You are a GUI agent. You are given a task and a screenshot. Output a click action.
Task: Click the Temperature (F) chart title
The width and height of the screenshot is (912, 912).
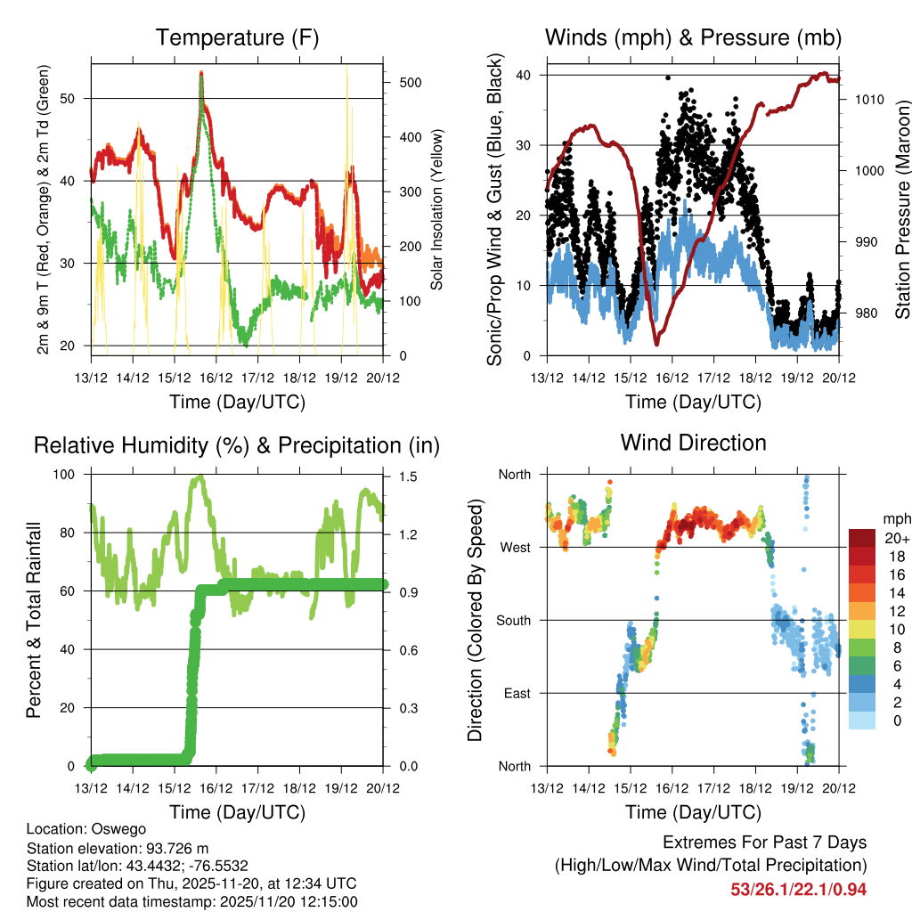pos(236,37)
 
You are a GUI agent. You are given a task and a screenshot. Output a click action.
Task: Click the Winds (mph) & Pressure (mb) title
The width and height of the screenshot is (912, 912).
pos(693,37)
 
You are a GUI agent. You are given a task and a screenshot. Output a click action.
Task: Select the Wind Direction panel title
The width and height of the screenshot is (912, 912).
pos(693,442)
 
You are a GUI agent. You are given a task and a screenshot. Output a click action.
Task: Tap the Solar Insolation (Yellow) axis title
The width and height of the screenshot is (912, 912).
pos(436,210)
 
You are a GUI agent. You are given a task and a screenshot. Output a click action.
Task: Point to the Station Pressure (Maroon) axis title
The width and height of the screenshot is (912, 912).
pos(902,210)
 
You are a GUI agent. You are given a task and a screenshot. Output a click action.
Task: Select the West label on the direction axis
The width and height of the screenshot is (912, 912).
pos(516,548)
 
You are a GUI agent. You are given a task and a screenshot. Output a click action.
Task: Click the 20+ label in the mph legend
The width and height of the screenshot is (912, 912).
pos(896,538)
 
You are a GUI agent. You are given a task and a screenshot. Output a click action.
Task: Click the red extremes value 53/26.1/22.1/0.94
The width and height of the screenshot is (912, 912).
pos(798,889)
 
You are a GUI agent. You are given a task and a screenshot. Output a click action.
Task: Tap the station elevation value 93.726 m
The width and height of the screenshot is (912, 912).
pos(175,848)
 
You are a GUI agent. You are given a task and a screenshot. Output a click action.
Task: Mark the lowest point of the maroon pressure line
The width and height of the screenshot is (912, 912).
pos(656,343)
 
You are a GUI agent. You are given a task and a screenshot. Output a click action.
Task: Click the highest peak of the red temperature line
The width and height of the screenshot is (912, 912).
pos(201,73)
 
